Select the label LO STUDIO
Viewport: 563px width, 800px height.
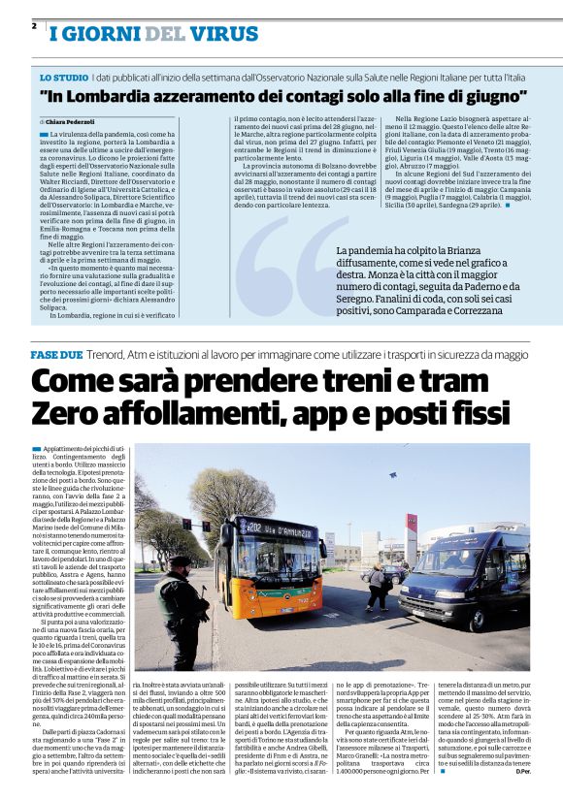pyautogui.click(x=62, y=77)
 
